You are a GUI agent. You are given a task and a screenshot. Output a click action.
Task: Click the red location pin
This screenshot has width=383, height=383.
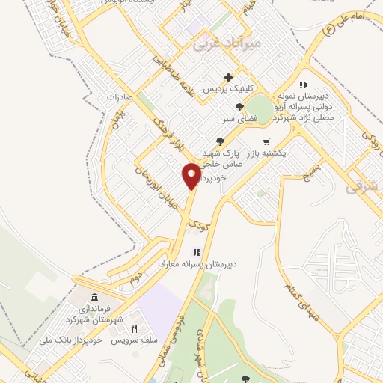pos(191,176)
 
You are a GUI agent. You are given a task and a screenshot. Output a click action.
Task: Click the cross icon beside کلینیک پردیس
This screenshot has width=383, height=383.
pos(229,76)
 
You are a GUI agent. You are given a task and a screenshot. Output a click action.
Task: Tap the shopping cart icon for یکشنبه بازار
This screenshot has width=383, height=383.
pos(266,141)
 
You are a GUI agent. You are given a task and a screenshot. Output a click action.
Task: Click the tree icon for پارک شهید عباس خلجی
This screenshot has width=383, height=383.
pos(218,141)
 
